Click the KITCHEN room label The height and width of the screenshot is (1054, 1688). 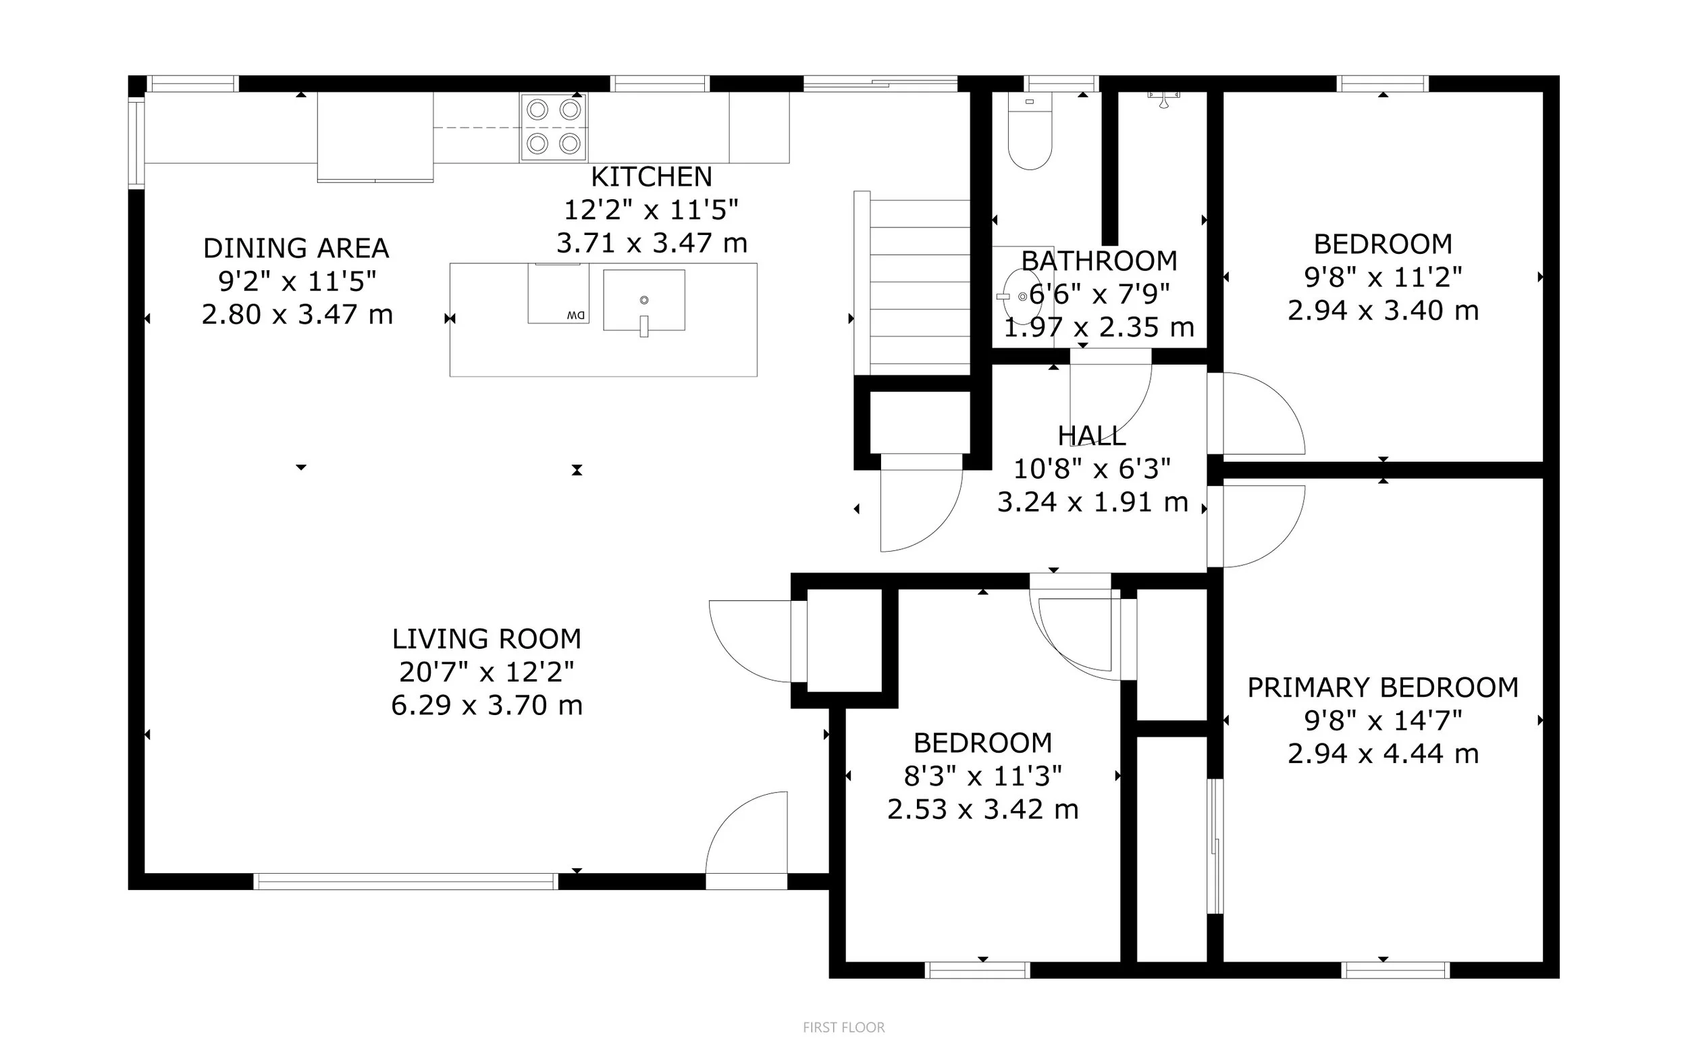tap(652, 177)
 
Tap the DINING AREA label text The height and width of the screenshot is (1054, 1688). tap(296, 248)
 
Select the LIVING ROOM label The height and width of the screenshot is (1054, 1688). tap(486, 639)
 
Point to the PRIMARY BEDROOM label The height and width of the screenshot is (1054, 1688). tap(1383, 687)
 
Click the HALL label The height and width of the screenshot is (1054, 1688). tap(1091, 436)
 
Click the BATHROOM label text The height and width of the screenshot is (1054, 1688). tap(1099, 261)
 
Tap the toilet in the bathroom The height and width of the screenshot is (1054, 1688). tap(1030, 132)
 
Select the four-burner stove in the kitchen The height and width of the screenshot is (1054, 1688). tap(554, 128)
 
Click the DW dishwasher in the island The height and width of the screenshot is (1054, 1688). tap(558, 294)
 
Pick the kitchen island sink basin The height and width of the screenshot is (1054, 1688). tap(644, 300)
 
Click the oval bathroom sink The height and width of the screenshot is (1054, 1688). tap(1022, 296)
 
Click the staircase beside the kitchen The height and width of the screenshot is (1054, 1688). tap(912, 282)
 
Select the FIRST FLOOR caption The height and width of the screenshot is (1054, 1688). tap(843, 1028)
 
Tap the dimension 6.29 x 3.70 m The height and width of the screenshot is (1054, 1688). tap(486, 706)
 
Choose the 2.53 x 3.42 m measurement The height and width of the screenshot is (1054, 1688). tap(982, 810)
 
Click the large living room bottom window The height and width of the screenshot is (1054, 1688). tap(406, 882)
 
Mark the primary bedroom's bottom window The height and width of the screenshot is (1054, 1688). tap(1395, 970)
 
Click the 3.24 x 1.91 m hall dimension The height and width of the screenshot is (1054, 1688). tap(1092, 502)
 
